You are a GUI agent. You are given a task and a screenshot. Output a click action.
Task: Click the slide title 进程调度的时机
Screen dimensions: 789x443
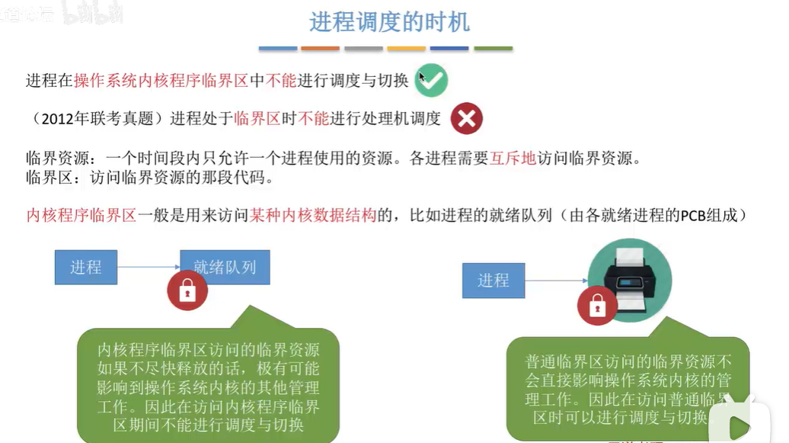[x=389, y=21]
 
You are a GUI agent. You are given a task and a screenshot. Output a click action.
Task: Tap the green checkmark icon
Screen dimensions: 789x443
[x=431, y=80]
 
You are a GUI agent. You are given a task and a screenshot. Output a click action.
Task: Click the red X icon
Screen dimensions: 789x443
[x=466, y=118]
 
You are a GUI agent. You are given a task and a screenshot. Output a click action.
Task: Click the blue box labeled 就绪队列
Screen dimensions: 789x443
[x=225, y=267]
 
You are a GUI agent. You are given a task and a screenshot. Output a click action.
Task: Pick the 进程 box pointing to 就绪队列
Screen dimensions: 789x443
[x=86, y=267]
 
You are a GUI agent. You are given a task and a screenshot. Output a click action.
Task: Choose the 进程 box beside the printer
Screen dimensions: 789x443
[x=494, y=280]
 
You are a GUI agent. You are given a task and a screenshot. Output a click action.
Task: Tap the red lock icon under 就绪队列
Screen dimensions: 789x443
[x=187, y=290]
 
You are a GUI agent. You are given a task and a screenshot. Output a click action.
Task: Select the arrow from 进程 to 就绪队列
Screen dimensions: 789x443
[x=149, y=267]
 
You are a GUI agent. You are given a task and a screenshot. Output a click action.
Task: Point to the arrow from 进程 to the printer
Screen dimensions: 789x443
[x=556, y=280]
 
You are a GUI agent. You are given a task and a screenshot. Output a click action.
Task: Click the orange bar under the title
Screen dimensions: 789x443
[x=320, y=49]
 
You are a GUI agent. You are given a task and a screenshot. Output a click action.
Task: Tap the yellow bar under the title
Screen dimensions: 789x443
[x=406, y=49]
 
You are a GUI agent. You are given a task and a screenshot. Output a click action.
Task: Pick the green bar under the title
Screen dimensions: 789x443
[x=493, y=49]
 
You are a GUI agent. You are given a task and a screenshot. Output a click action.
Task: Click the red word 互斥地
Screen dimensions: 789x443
[x=513, y=159]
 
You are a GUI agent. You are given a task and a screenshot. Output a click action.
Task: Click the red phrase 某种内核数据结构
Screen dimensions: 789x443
[x=313, y=215]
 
